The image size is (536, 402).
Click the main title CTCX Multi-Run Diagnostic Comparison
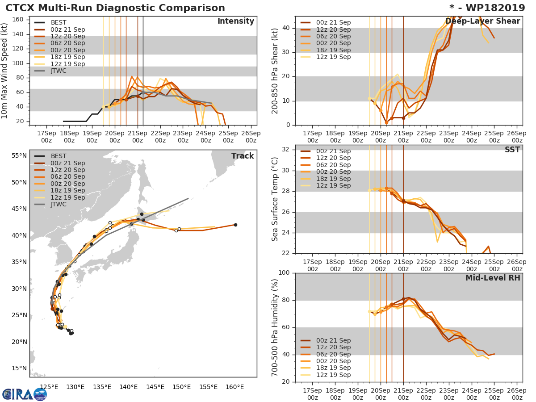[115, 8]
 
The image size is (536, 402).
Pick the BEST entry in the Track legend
[59, 156]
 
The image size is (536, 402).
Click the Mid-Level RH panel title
[493, 278]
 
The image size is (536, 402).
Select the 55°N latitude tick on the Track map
[19, 156]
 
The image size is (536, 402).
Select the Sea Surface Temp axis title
[275, 199]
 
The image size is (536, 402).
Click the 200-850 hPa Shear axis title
[275, 71]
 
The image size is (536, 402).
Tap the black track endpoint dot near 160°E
[235, 225]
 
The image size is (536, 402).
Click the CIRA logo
[25, 394]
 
